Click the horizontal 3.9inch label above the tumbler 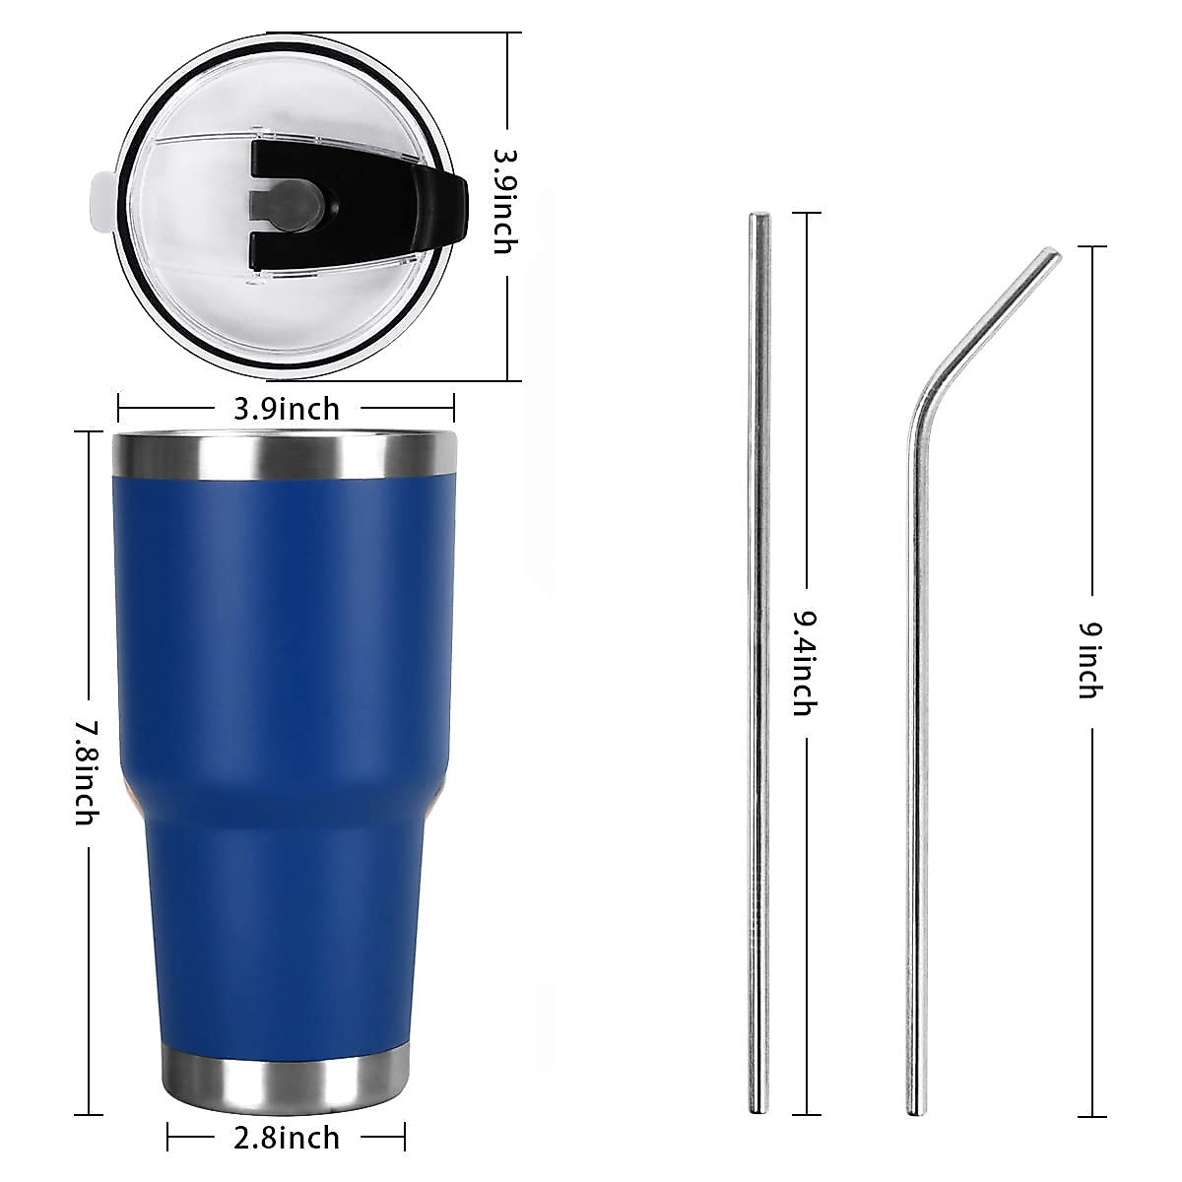click(286, 408)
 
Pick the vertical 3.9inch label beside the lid click(503, 201)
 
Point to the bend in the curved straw click(931, 394)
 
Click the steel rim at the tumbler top click(285, 453)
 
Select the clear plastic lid click(197, 295)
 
